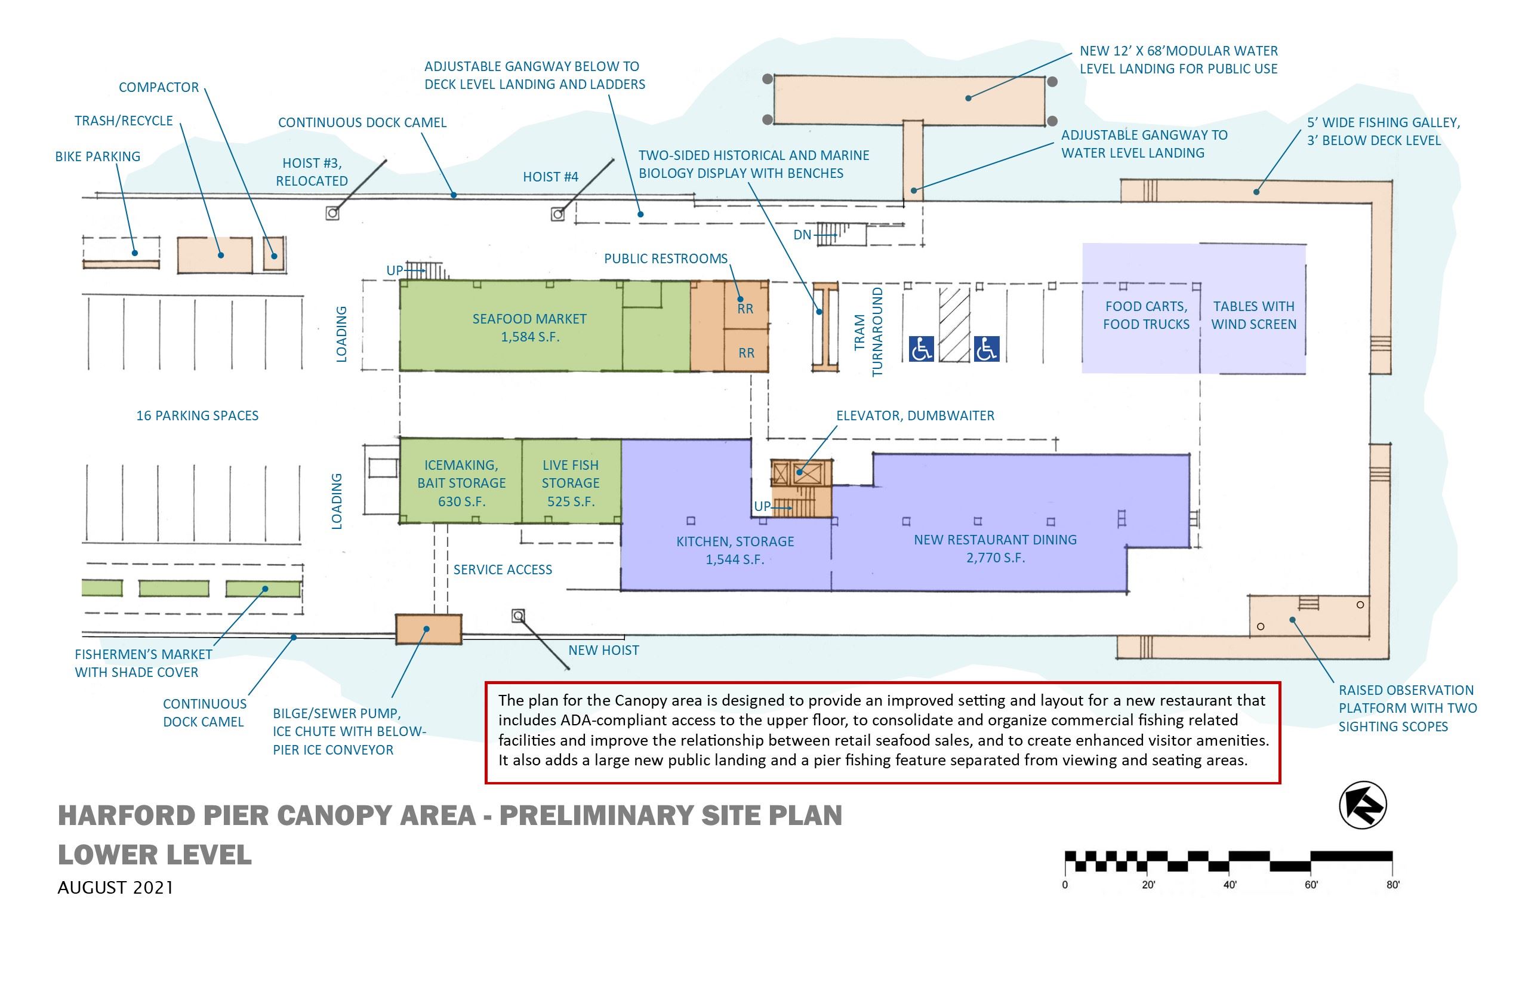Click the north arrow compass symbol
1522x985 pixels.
(1362, 805)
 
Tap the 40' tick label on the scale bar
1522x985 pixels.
(1229, 885)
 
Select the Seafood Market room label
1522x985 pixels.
(529, 328)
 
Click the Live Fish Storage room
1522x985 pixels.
(571, 483)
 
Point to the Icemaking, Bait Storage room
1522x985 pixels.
(461, 483)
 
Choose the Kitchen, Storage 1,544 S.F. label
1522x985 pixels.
(735, 550)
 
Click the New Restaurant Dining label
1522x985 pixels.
(995, 548)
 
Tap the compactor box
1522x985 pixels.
(274, 254)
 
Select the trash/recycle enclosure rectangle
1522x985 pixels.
(214, 254)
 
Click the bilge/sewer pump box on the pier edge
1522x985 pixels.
(428, 629)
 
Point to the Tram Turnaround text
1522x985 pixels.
(868, 332)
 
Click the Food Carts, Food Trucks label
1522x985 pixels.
(1146, 315)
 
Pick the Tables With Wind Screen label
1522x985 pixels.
(1253, 315)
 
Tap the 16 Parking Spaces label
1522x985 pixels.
(197, 415)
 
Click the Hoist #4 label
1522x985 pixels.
(550, 177)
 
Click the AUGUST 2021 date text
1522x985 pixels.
(115, 888)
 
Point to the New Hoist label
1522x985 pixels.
(603, 651)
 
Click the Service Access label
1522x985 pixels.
(503, 570)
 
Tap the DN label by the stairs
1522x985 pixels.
(802, 235)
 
